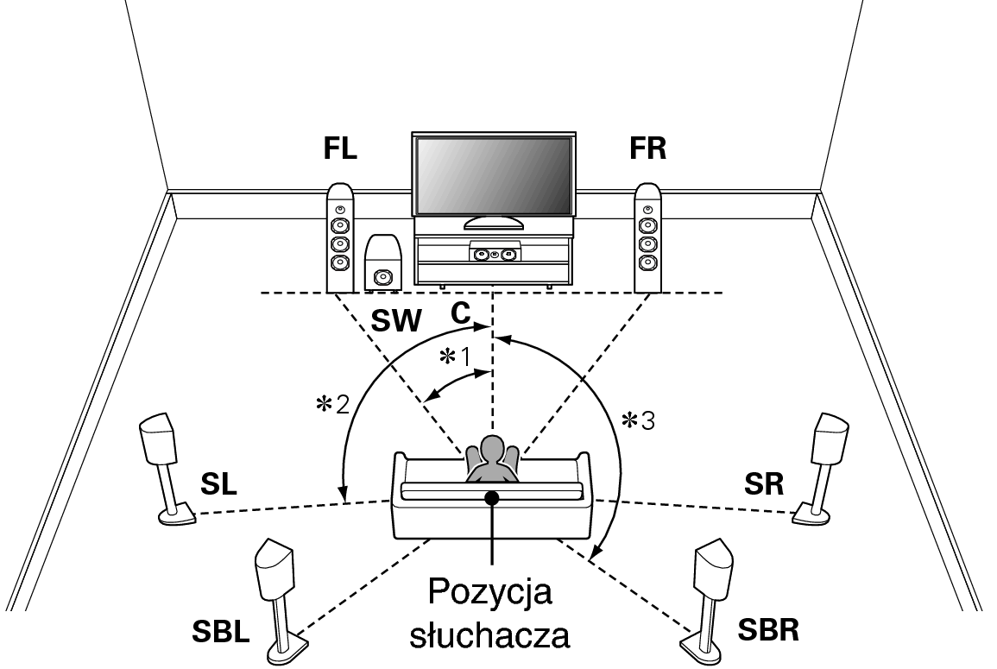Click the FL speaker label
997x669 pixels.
[340, 148]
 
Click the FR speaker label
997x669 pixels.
[647, 148]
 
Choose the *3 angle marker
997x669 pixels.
[637, 420]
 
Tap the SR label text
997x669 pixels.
[765, 484]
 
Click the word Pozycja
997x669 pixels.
[489, 595]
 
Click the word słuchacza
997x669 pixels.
[489, 636]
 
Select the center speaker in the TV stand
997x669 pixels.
[494, 255]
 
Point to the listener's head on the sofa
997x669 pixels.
[491, 451]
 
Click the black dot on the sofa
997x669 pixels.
[492, 498]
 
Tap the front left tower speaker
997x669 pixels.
[340, 237]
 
